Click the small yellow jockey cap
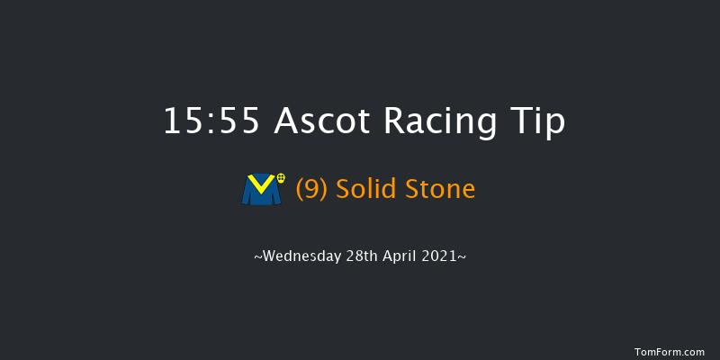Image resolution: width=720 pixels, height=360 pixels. click(281, 180)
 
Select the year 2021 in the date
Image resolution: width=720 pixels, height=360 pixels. click(443, 256)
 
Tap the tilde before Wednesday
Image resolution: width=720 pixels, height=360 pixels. click(258, 256)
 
